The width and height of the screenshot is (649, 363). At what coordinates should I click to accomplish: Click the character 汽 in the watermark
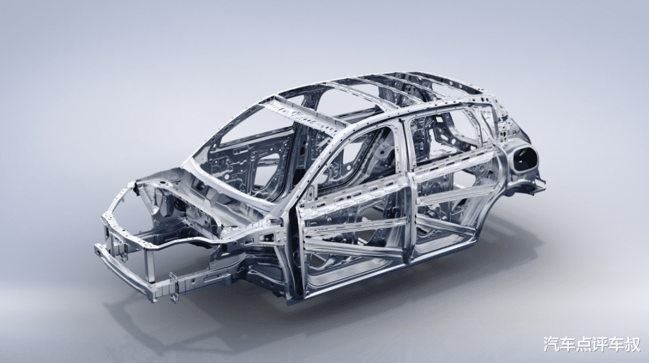tap(550, 344)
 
